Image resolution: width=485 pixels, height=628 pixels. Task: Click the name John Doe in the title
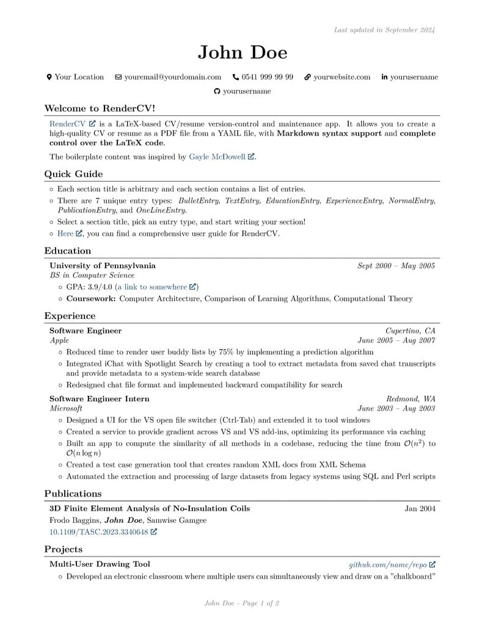242,53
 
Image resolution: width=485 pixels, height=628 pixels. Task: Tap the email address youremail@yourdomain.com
172,77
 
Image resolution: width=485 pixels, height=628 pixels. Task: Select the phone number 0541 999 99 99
267,77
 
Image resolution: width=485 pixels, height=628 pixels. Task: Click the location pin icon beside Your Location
49,77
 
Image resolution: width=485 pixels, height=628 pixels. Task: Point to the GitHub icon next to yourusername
217,92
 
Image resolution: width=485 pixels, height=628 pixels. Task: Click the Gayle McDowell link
217,157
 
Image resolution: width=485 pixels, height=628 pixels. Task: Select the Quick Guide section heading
73,174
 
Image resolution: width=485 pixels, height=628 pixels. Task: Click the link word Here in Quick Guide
65,233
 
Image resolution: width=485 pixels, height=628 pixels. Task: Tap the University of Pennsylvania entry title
103,266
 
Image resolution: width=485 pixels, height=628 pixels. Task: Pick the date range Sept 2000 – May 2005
396,266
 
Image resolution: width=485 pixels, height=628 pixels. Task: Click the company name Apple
59,340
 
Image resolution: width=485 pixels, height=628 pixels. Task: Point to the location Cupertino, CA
410,330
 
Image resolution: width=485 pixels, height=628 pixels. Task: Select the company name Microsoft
66,408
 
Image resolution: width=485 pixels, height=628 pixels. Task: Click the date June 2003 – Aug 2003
396,408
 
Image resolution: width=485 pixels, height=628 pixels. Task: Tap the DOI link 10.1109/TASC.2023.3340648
98,532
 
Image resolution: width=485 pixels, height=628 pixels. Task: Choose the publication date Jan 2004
420,508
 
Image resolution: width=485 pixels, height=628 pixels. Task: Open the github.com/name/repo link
388,564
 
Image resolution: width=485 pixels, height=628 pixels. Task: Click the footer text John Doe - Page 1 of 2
242,604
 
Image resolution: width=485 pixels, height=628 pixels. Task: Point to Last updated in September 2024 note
384,30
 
